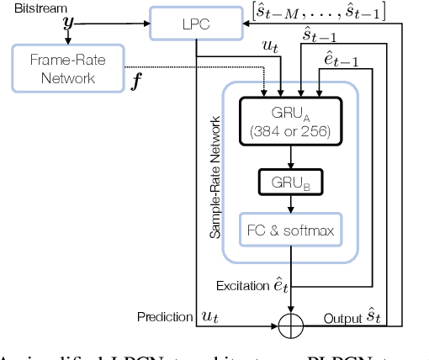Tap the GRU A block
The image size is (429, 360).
click(x=290, y=121)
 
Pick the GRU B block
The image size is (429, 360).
click(x=290, y=182)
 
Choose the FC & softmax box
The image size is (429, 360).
click(x=290, y=229)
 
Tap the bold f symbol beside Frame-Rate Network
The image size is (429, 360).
click(x=136, y=82)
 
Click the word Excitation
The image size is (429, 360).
click(x=244, y=287)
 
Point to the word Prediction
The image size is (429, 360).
click(x=164, y=316)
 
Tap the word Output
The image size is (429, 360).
click(x=342, y=319)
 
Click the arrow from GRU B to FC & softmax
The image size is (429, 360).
click(x=290, y=203)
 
